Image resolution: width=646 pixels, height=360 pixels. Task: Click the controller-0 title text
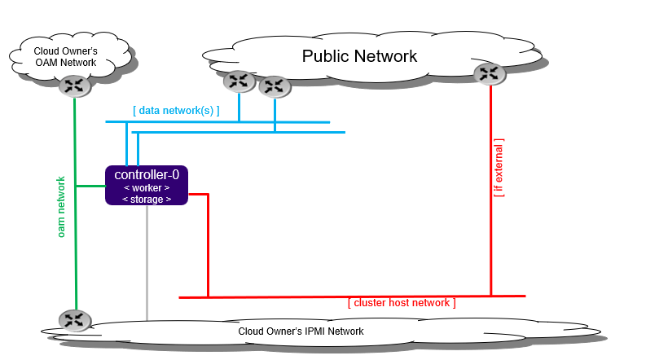click(147, 174)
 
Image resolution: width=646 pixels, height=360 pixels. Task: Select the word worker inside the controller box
click(147, 187)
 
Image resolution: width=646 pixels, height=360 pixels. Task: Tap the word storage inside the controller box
click(147, 199)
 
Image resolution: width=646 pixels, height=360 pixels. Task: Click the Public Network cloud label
click(359, 56)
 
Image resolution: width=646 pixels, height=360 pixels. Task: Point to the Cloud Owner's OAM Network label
click(65, 57)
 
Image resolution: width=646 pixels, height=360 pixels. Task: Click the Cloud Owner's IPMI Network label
click(301, 331)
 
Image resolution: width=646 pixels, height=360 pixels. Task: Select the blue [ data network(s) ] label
click(176, 110)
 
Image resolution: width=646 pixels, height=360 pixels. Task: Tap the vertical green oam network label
click(61, 207)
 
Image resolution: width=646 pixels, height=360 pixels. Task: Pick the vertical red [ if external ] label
click(499, 168)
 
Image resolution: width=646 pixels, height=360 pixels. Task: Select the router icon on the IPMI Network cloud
click(73, 320)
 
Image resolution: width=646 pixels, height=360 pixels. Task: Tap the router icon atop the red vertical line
click(489, 74)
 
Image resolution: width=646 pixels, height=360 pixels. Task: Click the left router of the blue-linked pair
click(239, 81)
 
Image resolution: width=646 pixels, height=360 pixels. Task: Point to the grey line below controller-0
click(147, 261)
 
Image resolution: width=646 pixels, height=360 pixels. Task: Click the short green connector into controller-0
click(90, 187)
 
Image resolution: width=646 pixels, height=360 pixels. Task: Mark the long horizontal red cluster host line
click(350, 296)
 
